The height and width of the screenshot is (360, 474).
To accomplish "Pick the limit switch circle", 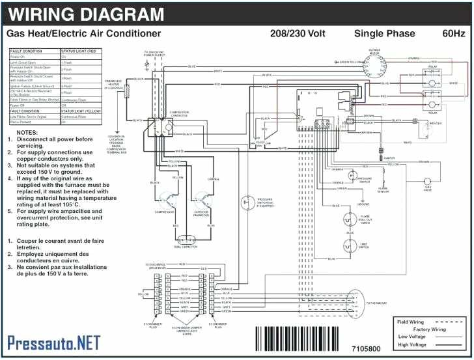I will coord(350,247).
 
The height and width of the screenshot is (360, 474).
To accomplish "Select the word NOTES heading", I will coord(23,131).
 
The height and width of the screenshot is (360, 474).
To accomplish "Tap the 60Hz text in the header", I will coord(453,33).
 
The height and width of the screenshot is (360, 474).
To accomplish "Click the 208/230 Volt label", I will coord(296,33).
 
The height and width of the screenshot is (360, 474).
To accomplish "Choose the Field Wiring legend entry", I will coord(410,322).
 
